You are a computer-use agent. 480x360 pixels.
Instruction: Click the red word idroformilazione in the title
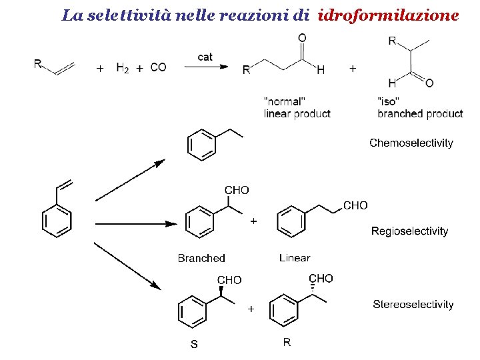pos(389,15)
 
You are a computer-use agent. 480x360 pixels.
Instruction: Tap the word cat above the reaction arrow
pos(205,57)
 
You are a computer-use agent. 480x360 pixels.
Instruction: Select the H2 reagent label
pos(123,67)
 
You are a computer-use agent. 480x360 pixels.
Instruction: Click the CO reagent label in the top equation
pos(158,67)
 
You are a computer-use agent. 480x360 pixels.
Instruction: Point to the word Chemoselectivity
pos(411,143)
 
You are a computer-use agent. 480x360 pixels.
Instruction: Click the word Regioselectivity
pos(409,231)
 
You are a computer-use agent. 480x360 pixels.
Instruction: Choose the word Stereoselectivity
pos(413,305)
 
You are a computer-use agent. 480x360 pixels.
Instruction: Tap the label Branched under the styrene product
pos(201,258)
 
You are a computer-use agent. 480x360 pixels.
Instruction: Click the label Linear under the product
pos(295,258)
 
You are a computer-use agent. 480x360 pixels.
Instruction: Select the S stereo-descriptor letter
pos(194,345)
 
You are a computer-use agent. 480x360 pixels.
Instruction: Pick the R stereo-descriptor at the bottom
pos(287,343)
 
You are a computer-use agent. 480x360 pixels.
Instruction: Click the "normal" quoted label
pos(285,101)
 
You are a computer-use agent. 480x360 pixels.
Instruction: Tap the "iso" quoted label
pos(388,101)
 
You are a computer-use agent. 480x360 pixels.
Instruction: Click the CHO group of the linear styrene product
pos(355,205)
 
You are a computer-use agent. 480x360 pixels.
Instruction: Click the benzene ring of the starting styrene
pos(57,221)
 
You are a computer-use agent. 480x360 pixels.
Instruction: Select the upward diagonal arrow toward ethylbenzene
pos(130,180)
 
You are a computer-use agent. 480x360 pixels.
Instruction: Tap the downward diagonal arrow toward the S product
pos(127,266)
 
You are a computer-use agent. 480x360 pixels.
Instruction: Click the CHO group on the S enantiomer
pos(229,280)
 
